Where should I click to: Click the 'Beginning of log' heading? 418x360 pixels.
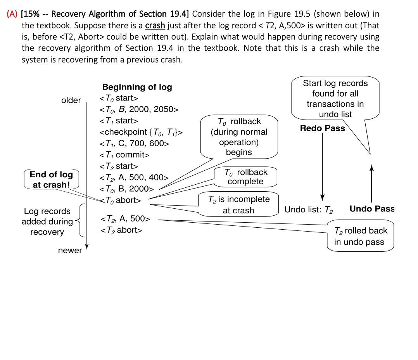click(137, 87)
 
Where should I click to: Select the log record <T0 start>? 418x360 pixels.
click(119, 98)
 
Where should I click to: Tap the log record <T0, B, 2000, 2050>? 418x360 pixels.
click(139, 109)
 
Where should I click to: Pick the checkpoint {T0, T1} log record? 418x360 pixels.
click(141, 132)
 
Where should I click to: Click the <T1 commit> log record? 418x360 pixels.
click(124, 155)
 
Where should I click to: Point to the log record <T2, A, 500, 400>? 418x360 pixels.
click(134, 178)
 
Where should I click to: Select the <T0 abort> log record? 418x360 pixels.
click(121, 200)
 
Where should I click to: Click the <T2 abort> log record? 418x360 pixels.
click(121, 230)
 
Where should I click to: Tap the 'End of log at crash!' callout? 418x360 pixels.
click(51, 179)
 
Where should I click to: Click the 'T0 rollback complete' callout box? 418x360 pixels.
click(246, 177)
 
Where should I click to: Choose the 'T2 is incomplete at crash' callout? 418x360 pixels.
click(238, 205)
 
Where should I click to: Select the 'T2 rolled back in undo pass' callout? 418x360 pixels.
click(360, 236)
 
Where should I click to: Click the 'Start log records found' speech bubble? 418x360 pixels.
click(335, 99)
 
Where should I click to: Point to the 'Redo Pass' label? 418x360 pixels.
click(322, 128)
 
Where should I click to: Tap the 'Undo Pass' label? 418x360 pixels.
click(371, 209)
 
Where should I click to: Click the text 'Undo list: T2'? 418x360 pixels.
click(309, 209)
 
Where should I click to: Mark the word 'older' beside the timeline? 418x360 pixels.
click(71, 100)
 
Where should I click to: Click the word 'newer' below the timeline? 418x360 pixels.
click(70, 250)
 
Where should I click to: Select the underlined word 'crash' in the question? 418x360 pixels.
click(155, 26)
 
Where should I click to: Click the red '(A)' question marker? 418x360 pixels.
click(13, 14)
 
